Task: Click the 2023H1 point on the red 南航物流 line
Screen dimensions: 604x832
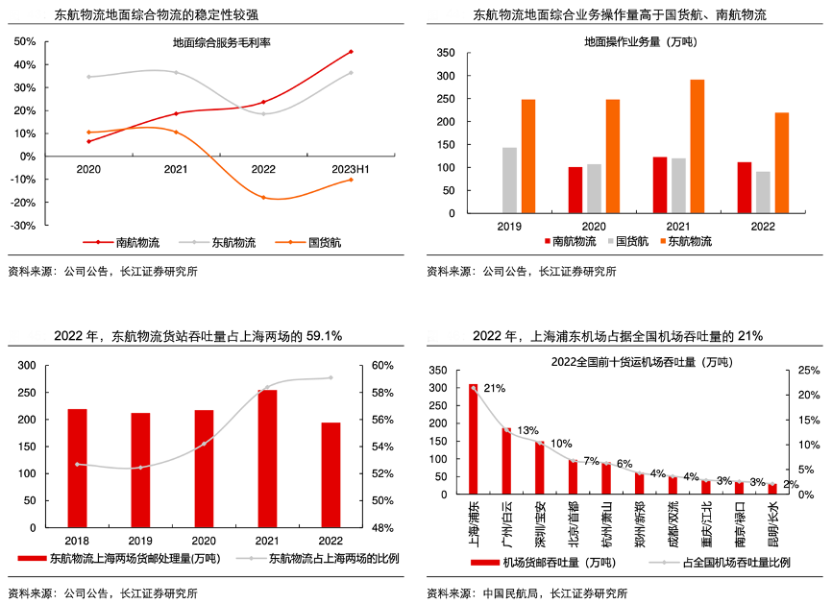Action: pos(351,51)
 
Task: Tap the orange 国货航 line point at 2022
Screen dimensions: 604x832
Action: pos(263,197)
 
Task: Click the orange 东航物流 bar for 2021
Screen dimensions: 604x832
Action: pos(697,146)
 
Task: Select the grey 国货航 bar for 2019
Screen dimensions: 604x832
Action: pos(509,180)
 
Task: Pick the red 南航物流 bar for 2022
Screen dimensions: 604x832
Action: pos(745,187)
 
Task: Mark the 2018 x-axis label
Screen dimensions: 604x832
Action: pos(77,541)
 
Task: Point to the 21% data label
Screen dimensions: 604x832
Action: pos(494,389)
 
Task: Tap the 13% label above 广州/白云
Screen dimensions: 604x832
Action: pos(527,430)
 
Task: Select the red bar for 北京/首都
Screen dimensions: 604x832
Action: pos(573,476)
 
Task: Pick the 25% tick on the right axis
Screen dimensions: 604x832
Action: pos(809,371)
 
